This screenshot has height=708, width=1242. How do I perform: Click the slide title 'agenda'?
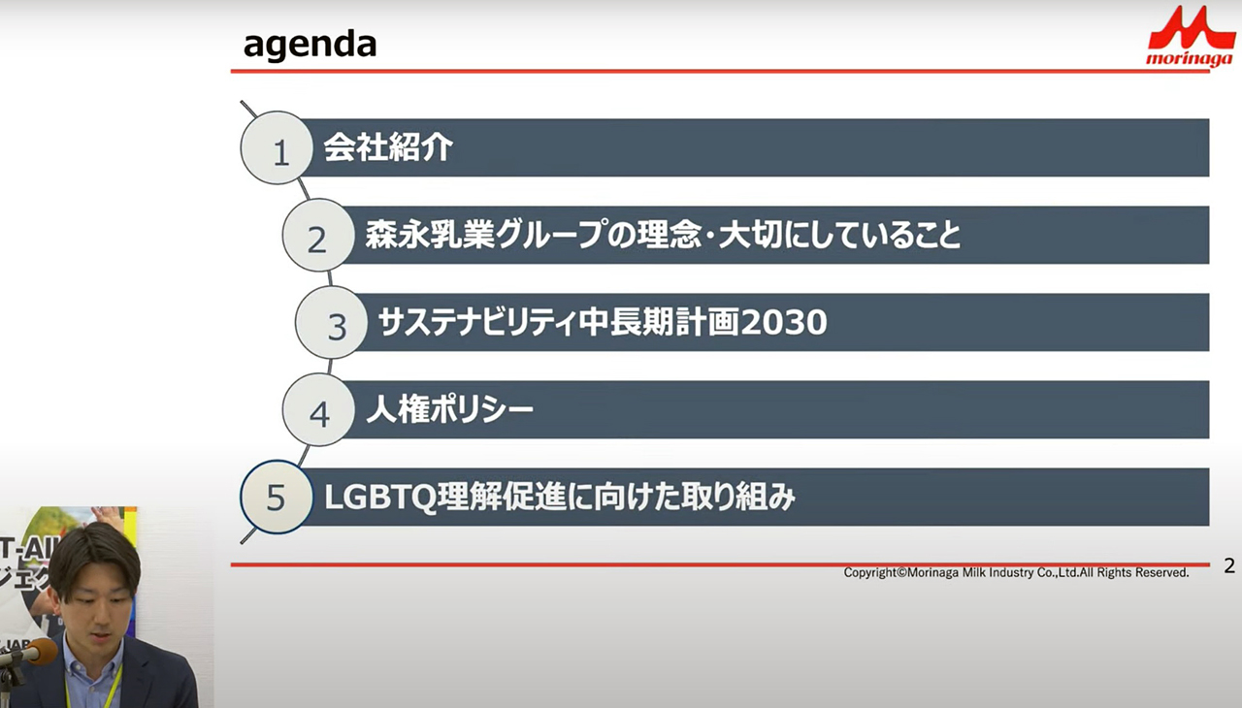(x=310, y=46)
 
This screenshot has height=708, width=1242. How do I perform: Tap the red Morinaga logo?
(x=1191, y=36)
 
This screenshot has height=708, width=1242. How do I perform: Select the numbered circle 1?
(x=277, y=148)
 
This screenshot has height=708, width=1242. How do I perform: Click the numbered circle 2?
(x=318, y=235)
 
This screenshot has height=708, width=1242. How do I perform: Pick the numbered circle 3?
(x=331, y=322)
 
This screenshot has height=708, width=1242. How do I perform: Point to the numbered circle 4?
(x=318, y=409)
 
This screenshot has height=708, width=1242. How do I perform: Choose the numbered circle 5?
(x=277, y=497)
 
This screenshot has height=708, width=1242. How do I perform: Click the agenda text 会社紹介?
(x=388, y=147)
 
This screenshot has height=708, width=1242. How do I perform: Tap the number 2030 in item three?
(x=783, y=322)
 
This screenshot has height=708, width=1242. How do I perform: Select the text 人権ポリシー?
(x=449, y=410)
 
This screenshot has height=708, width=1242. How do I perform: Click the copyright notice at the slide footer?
(x=1016, y=573)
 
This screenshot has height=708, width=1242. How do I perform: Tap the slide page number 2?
(x=1229, y=565)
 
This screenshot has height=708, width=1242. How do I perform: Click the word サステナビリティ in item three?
(x=477, y=322)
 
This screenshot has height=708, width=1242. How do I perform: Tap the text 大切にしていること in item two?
(x=839, y=235)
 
